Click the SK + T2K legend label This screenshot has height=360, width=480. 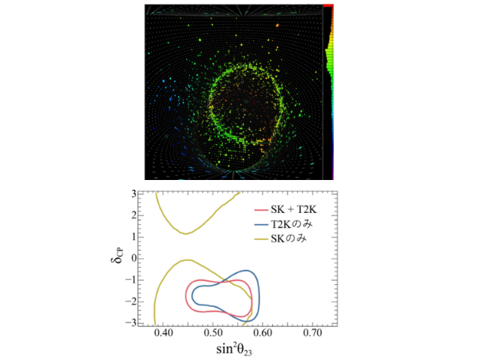click(293, 209)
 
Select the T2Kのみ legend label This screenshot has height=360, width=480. click(292, 224)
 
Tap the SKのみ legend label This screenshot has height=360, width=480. click(288, 238)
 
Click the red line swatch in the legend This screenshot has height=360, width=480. click(261, 210)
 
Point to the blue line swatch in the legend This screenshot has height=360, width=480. click(261, 225)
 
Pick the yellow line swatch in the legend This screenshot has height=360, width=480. click(261, 239)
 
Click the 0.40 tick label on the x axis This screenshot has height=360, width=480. click(163, 332)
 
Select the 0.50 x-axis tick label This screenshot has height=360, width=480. click(213, 332)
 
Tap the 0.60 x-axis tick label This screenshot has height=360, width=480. click(262, 332)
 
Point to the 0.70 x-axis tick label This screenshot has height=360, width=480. click(313, 332)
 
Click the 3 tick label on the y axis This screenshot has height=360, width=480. click(133, 193)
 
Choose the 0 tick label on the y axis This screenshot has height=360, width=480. click(133, 259)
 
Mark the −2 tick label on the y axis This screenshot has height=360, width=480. click(130, 301)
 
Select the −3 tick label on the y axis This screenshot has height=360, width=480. click(130, 323)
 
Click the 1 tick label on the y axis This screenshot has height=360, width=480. click(133, 237)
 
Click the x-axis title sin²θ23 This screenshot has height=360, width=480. click(234, 349)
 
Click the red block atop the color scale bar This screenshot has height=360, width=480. click(328, 5)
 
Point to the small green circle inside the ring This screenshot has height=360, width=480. click(245, 101)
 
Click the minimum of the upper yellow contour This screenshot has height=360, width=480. click(186, 234)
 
